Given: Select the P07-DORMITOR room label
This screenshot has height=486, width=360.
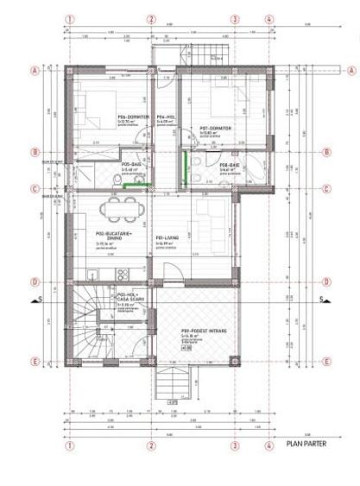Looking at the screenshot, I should (x=212, y=129).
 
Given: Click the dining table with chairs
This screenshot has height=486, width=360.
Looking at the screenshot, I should (x=118, y=208).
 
